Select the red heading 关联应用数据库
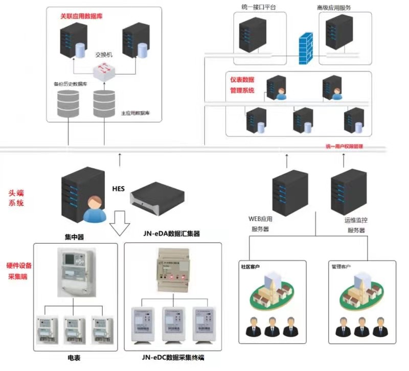82,16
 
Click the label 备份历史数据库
70,83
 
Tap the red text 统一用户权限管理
344,146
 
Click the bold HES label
119,189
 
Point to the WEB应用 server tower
289,193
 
